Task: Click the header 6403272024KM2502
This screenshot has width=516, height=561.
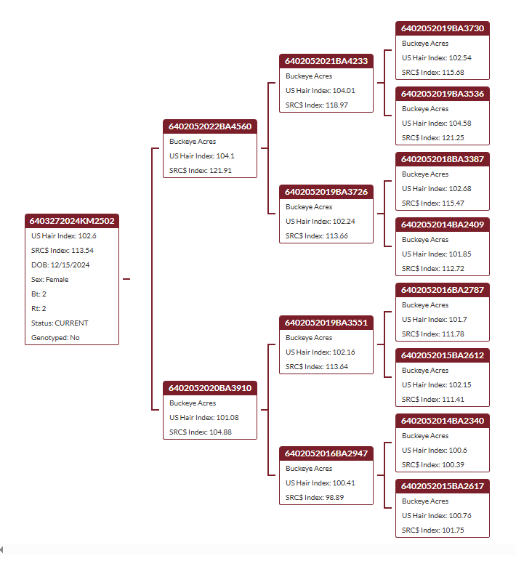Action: (x=72, y=221)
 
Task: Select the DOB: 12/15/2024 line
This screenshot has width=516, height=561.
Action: (x=60, y=265)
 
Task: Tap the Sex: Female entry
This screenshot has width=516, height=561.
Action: (x=49, y=280)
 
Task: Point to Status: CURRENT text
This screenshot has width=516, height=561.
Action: (x=60, y=323)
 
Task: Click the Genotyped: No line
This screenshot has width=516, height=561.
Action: (x=55, y=337)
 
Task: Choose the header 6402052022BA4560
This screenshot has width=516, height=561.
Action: (x=210, y=126)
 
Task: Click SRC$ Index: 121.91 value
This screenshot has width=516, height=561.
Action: (x=201, y=170)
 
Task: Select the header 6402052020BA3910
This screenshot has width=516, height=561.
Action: (x=210, y=388)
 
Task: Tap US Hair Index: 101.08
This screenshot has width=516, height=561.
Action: (x=204, y=418)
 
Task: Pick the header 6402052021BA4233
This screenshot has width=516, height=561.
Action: (x=326, y=61)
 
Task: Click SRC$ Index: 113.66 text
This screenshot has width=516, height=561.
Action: (x=317, y=235)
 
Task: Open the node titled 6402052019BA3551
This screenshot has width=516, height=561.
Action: (x=326, y=323)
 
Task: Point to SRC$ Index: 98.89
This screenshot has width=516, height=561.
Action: (x=315, y=497)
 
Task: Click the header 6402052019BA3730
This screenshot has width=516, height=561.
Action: (x=443, y=28)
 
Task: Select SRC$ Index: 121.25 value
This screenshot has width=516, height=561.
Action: (x=433, y=138)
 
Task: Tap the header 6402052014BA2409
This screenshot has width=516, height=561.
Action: (x=443, y=225)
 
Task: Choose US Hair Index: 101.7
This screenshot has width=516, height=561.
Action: (x=435, y=320)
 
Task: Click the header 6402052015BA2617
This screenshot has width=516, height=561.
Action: (x=443, y=486)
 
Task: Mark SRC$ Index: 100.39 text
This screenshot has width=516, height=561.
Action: (x=433, y=465)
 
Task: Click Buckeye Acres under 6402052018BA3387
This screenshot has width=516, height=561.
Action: (x=425, y=174)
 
